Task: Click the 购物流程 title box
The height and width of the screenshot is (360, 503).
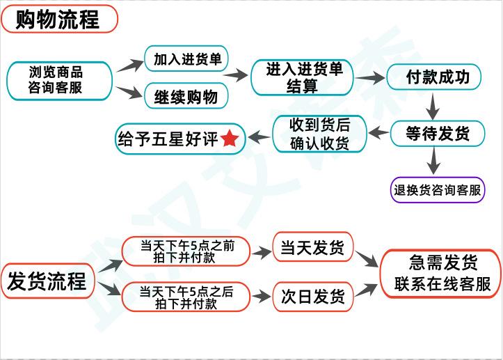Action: pyautogui.click(x=59, y=19)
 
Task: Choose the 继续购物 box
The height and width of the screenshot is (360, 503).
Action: pyautogui.click(x=186, y=97)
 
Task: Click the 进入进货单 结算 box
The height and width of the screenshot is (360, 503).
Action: pyautogui.click(x=301, y=77)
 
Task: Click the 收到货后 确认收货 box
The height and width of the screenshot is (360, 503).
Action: pyautogui.click(x=319, y=134)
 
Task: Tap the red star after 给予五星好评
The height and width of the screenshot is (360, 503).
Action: pyautogui.click(x=230, y=139)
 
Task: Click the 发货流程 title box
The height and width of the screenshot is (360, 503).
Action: pyautogui.click(x=47, y=281)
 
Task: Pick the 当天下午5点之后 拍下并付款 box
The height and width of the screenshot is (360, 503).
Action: pyautogui.click(x=186, y=297)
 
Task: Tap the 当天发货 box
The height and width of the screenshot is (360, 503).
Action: pyautogui.click(x=312, y=248)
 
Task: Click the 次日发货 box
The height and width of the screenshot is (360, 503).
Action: pyautogui.click(x=312, y=297)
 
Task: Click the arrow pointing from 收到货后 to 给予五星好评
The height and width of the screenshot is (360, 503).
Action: pyautogui.click(x=259, y=137)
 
